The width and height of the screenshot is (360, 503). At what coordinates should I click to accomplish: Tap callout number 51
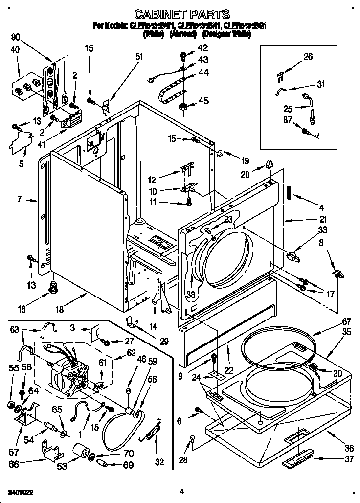(x=139, y=57)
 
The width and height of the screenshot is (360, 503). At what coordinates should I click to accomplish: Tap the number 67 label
(x=333, y=321)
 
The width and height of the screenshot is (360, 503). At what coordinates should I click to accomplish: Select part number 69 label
(x=128, y=465)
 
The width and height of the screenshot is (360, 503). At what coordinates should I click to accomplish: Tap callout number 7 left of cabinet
(x=19, y=199)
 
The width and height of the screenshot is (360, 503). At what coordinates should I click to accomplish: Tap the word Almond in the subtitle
(x=183, y=35)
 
